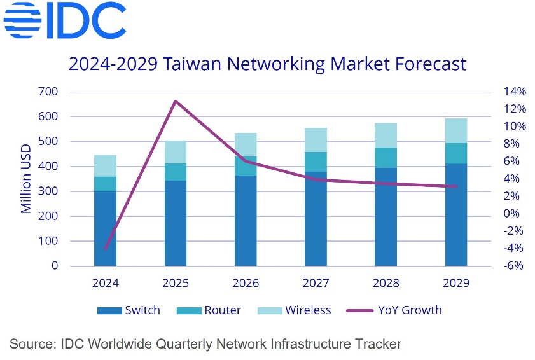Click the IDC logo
click(x=64, y=22)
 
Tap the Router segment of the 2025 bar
click(x=176, y=172)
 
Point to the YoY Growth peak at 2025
click(x=176, y=101)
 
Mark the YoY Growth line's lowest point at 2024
click(x=106, y=249)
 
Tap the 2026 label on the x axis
click(x=246, y=283)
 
